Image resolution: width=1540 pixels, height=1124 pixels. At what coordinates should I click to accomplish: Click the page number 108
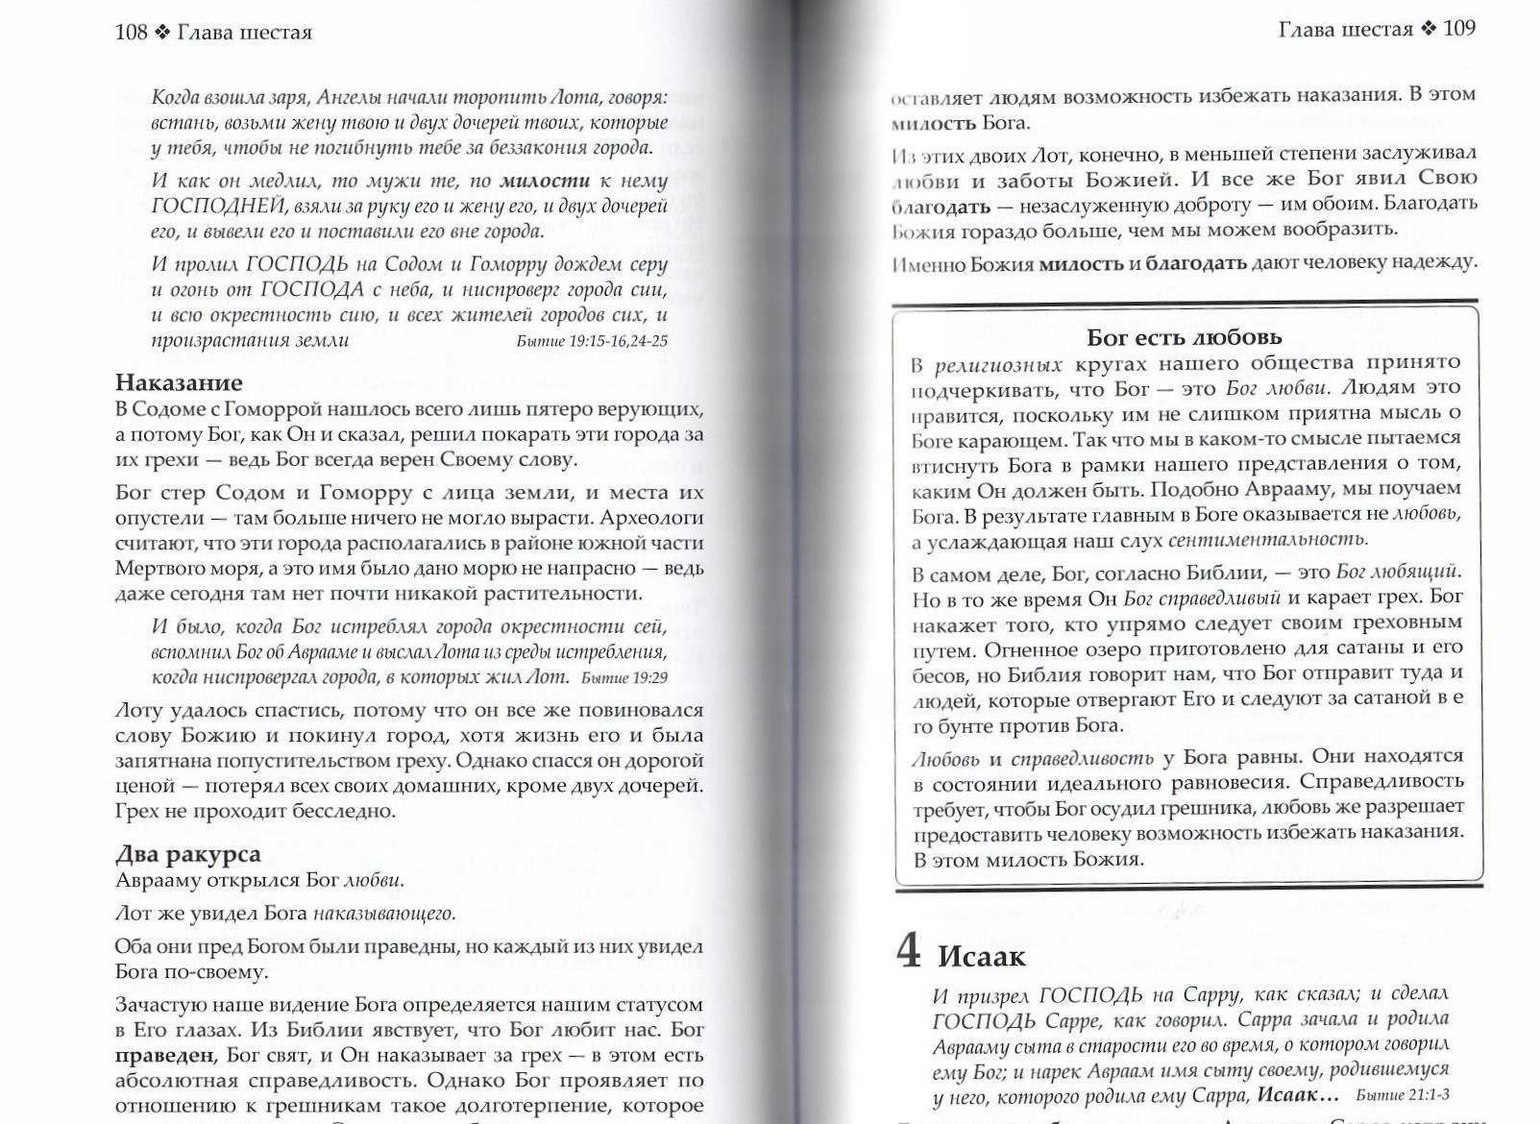tap(131, 32)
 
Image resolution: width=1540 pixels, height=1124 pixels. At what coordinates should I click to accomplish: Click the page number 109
tap(1458, 28)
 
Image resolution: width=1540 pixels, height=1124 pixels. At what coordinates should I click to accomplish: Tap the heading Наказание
tap(179, 383)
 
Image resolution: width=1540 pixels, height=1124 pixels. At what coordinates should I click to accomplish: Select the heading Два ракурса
tap(187, 854)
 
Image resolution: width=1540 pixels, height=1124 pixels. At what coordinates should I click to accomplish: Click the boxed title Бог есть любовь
tap(1184, 337)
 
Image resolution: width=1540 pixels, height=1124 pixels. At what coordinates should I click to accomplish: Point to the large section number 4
tap(909, 950)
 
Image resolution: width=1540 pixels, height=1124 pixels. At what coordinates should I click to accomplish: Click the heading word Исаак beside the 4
tap(981, 957)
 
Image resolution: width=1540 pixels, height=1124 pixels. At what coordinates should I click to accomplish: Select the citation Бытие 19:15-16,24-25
tap(591, 341)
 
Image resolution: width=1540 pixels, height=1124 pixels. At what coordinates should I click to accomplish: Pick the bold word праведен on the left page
tap(164, 1055)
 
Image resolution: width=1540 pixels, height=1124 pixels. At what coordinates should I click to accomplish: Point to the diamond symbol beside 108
tap(160, 33)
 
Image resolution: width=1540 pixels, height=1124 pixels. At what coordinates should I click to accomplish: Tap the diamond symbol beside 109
tap(1429, 29)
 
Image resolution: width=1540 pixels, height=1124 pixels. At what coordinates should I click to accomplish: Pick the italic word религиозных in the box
tap(998, 364)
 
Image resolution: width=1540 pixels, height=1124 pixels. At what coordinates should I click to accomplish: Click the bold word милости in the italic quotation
tap(545, 181)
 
